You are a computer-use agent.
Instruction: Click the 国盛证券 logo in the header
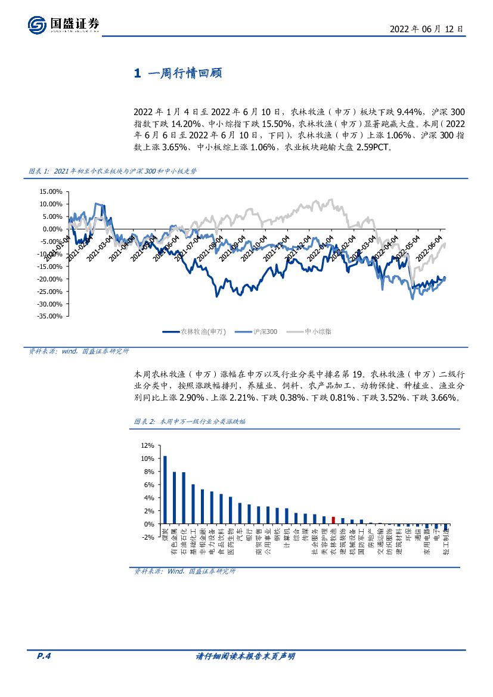63,24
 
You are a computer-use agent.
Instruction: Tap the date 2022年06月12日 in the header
426,29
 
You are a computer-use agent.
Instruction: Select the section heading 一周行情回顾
179,73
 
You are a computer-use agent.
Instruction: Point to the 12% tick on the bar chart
147,445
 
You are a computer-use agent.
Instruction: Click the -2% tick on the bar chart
147,537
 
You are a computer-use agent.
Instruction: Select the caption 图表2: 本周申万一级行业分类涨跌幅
190,421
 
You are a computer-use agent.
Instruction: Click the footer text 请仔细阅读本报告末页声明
246,656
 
